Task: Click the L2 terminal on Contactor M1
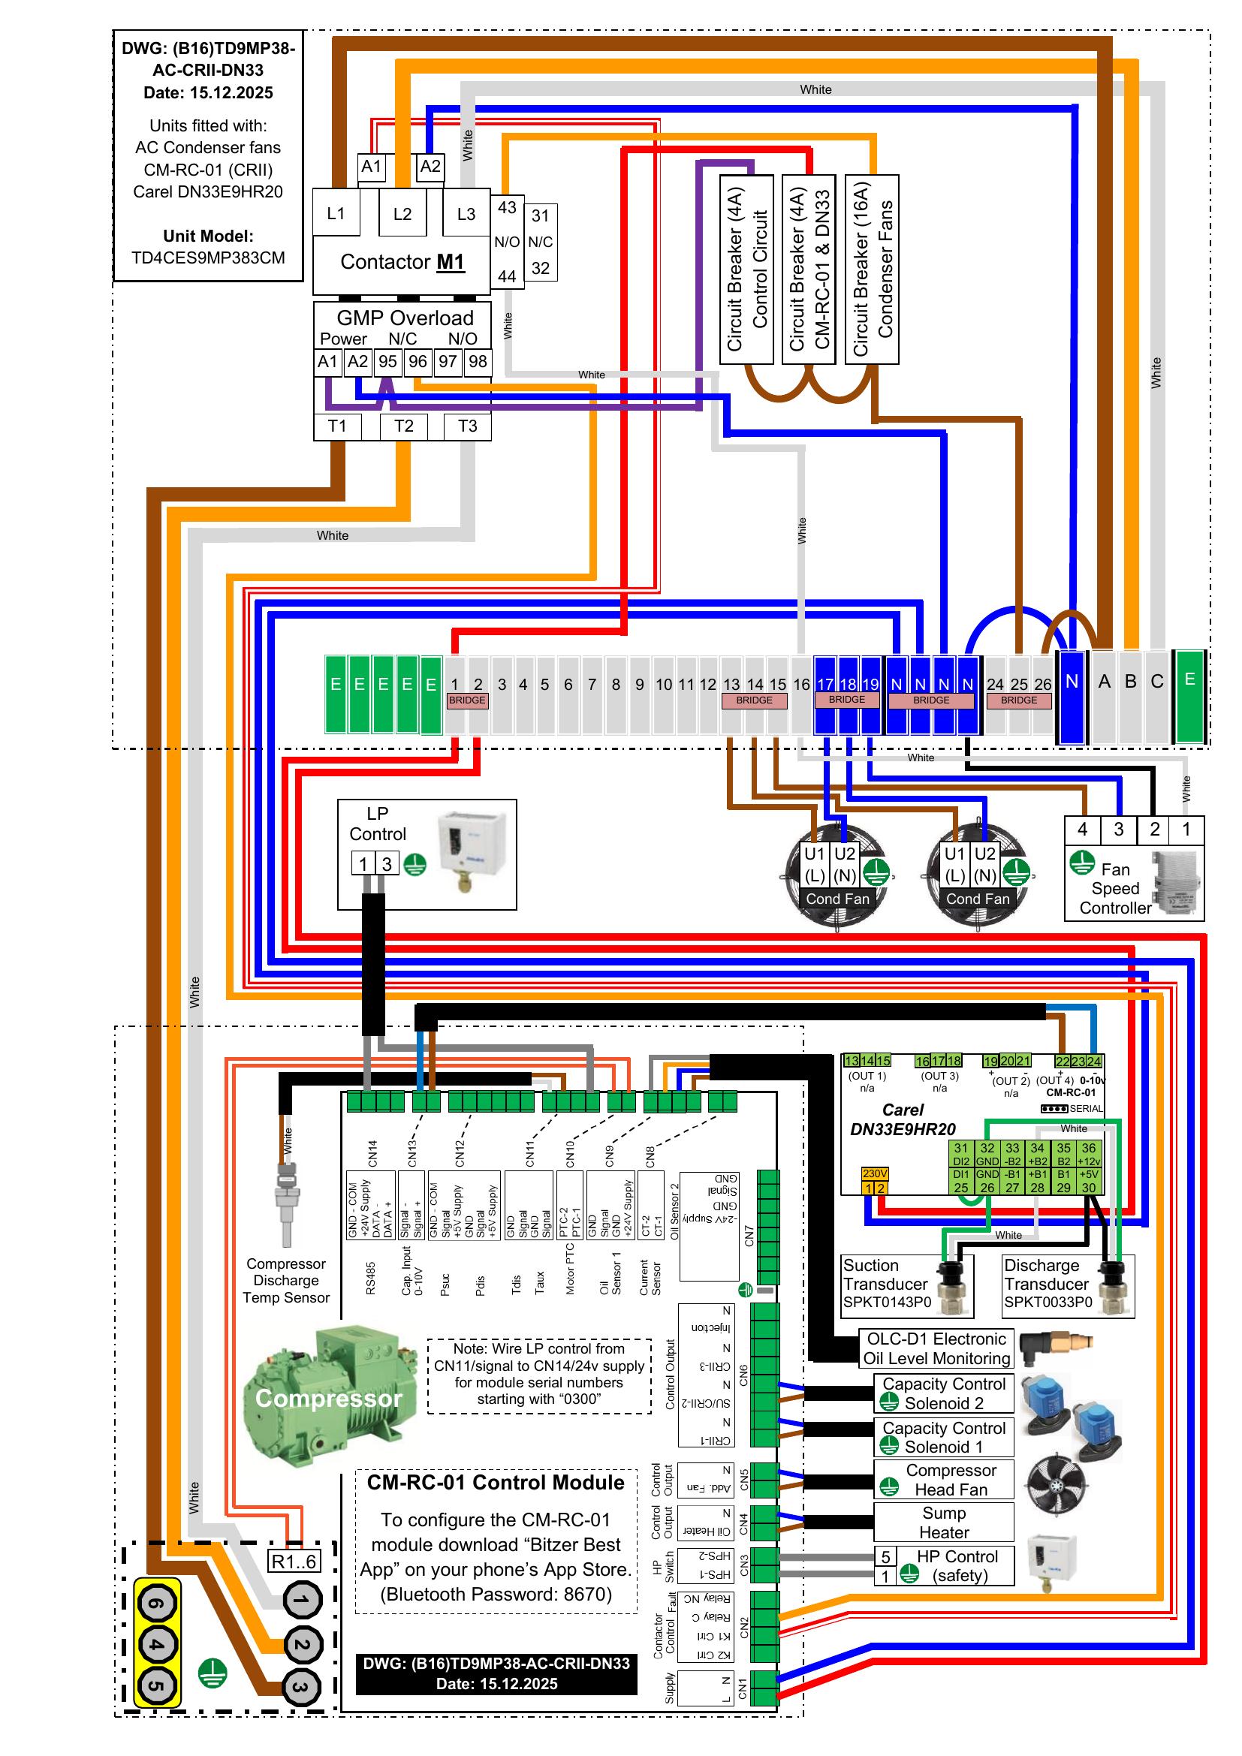pos(402,214)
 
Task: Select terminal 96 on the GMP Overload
pos(418,361)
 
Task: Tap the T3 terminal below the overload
pos(467,426)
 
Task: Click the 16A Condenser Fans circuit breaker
pos(872,270)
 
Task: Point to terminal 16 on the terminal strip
pos(800,685)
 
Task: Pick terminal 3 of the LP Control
pos(387,864)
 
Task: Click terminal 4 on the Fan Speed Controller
pos(1082,829)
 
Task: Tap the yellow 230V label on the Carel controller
pos(875,1173)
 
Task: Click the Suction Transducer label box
pos(887,1284)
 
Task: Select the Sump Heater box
pos(944,1522)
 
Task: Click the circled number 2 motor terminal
pos(302,1644)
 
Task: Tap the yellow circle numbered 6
pos(157,1604)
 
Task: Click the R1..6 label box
pos(294,1561)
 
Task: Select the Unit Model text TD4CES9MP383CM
pos(208,258)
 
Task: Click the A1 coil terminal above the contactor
pos(372,167)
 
